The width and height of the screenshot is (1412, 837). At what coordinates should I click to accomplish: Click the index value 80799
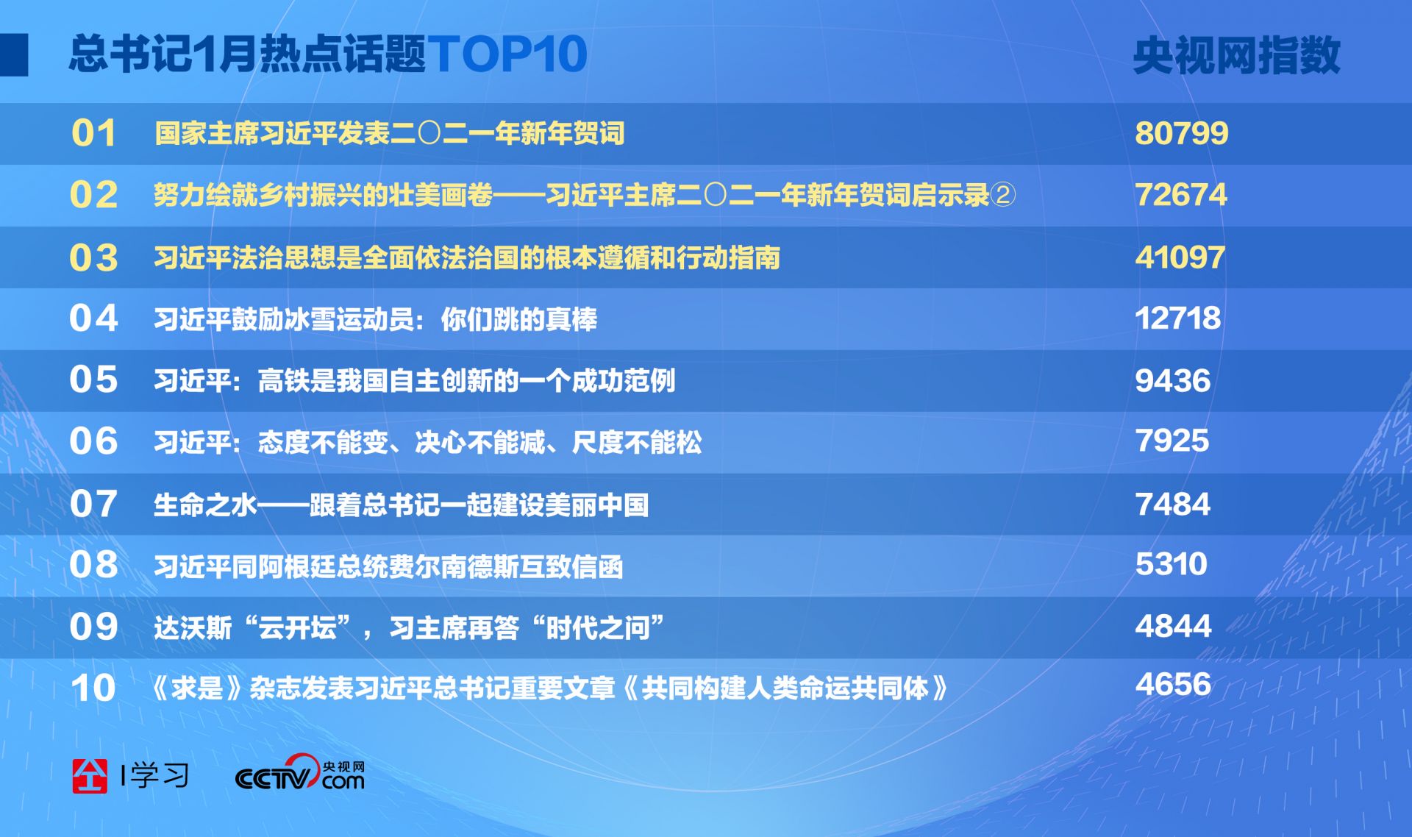pos(1181,133)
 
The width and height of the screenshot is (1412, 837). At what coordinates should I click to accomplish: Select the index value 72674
pos(1181,195)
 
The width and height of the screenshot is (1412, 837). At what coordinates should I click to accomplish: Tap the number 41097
pos(1180,257)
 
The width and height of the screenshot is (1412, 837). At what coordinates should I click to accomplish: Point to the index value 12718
pos(1178,318)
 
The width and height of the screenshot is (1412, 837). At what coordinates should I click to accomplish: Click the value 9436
pos(1172,380)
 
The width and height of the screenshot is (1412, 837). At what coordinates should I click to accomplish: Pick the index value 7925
pos(1172,441)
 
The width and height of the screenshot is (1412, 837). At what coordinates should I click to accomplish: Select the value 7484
pos(1172,504)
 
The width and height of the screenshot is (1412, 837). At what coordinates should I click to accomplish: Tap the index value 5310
pos(1172,564)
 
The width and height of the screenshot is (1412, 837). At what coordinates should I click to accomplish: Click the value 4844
pos(1173,626)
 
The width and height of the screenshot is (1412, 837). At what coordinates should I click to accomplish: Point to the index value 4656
pos(1173,684)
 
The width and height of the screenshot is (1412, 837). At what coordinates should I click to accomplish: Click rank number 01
pos(93,133)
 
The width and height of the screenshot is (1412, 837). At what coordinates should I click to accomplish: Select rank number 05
pos(93,380)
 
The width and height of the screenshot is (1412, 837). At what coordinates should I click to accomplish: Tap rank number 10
pos(93,688)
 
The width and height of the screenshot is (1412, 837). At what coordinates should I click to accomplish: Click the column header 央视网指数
pos(1237,55)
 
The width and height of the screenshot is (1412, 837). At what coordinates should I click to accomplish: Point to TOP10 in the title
pos(507,54)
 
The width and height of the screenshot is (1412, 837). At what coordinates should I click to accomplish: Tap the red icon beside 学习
pos(90,775)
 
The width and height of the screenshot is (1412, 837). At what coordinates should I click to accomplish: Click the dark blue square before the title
pos(14,54)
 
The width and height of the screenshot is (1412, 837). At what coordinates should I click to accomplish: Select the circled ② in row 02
pos(1003,195)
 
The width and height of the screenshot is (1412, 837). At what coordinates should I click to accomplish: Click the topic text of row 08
pos(388,566)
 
